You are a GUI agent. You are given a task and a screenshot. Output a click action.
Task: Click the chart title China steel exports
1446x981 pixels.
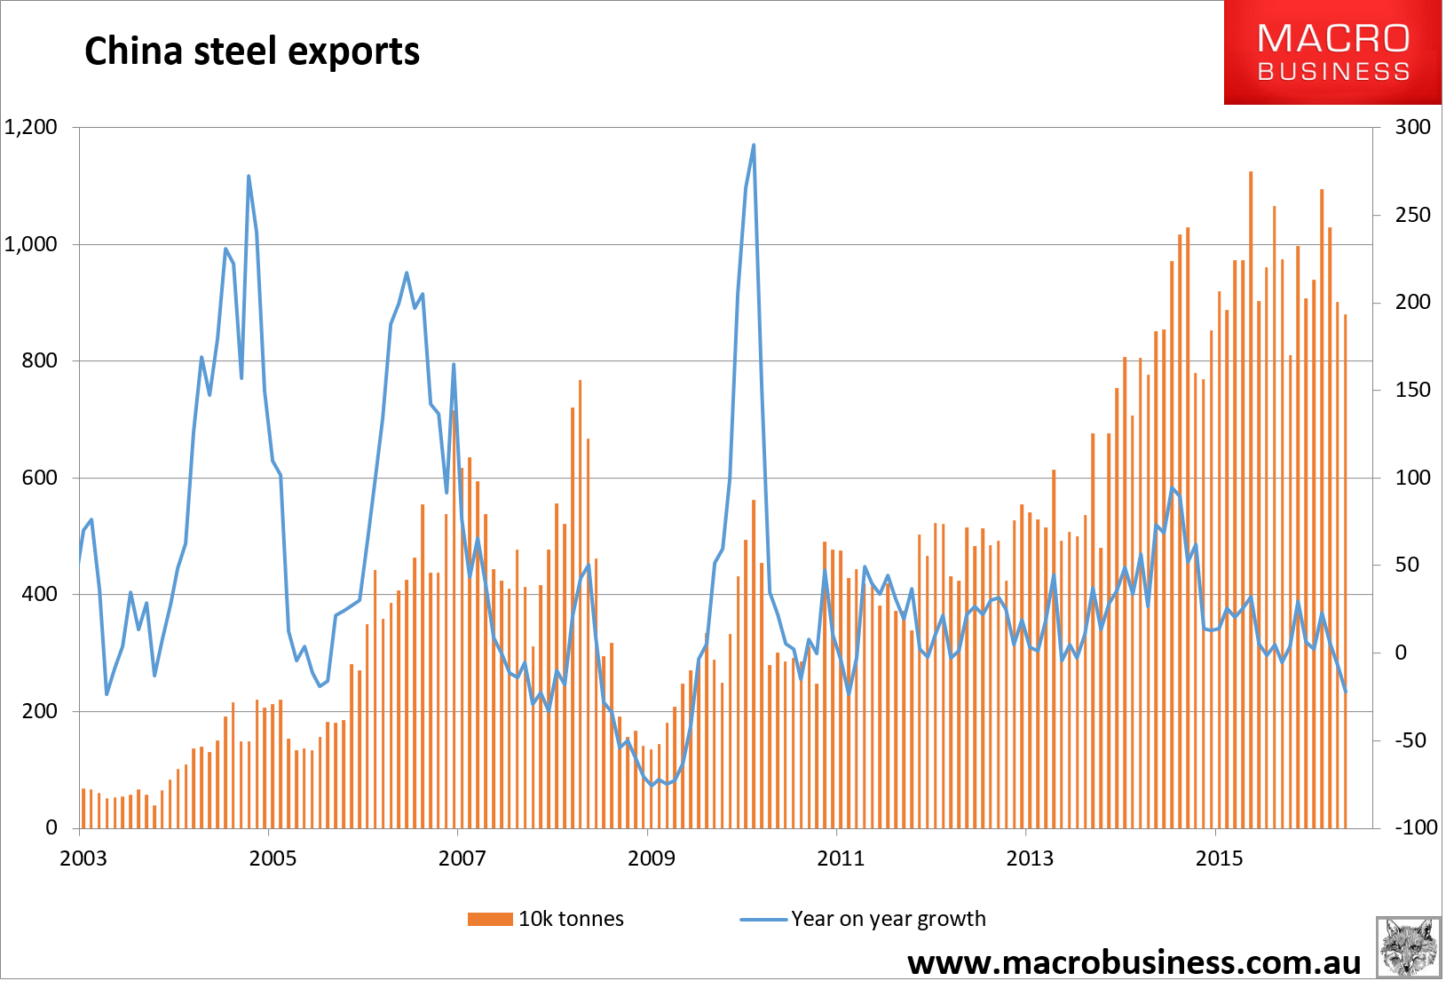(x=251, y=51)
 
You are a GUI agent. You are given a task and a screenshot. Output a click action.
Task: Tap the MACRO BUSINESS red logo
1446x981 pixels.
(x=1332, y=52)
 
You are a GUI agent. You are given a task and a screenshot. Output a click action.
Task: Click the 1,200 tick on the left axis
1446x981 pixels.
(x=31, y=127)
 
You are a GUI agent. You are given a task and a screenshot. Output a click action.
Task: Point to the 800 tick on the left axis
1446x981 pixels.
(x=39, y=360)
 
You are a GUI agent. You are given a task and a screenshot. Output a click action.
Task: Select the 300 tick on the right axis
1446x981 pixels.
(x=1412, y=127)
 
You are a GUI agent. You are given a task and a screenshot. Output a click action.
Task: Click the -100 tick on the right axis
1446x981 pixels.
(x=1415, y=827)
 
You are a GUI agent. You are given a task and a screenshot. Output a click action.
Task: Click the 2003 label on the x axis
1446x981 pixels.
(x=83, y=858)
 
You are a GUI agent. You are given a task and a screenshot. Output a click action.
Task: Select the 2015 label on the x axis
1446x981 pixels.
(x=1219, y=858)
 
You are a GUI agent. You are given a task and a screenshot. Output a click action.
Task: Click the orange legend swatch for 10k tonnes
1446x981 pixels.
(x=490, y=919)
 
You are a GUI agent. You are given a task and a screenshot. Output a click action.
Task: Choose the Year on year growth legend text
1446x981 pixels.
(x=888, y=919)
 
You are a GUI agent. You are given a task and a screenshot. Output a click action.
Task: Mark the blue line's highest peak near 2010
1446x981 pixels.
(x=754, y=146)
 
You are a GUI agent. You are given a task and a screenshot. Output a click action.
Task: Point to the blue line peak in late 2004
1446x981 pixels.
(x=249, y=177)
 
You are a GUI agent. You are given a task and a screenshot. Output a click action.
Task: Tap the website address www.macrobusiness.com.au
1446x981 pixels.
(x=1134, y=962)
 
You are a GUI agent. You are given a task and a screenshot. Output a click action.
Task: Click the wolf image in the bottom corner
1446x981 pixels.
(x=1408, y=947)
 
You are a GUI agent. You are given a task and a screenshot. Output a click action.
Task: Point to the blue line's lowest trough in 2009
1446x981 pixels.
(x=652, y=785)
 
